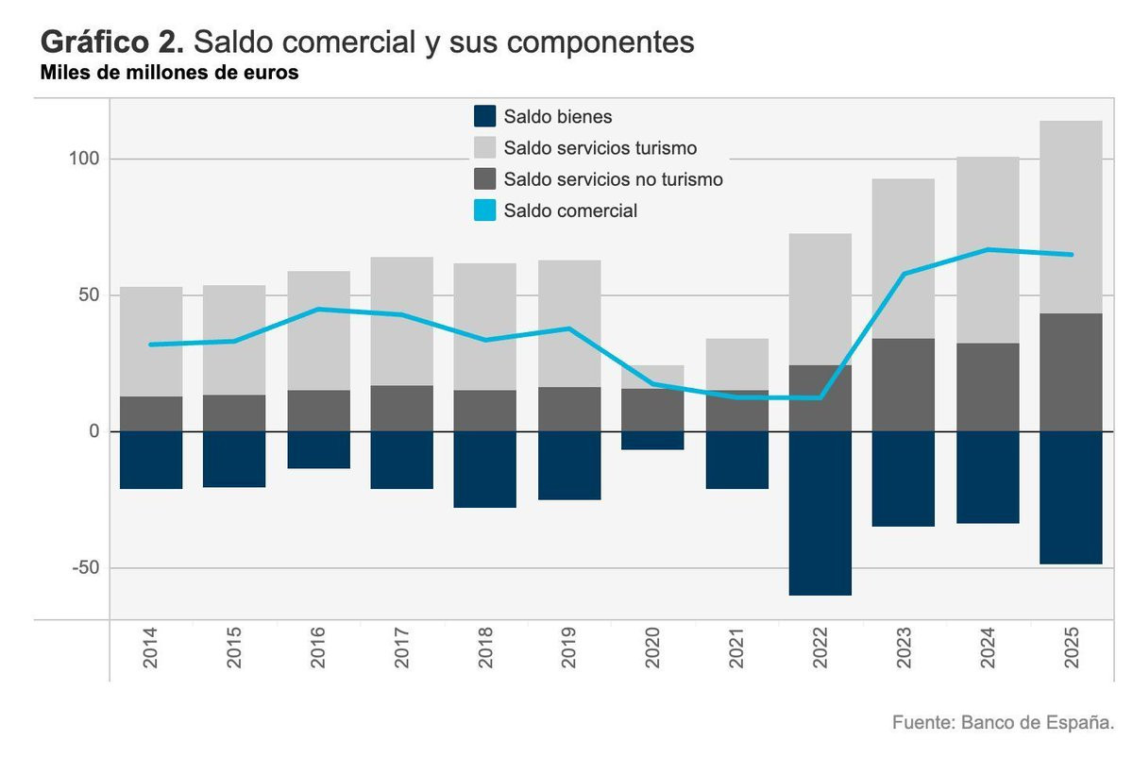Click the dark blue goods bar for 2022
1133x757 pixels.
click(x=820, y=513)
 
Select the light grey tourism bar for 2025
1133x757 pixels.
click(x=1071, y=217)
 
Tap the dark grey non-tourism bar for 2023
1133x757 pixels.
click(x=903, y=384)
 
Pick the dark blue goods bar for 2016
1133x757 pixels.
click(x=318, y=449)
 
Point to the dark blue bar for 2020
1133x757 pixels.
click(x=652, y=440)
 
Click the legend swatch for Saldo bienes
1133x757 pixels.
click(x=483, y=117)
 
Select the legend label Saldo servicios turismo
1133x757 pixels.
click(x=600, y=148)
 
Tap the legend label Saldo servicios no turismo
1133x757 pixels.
click(x=613, y=179)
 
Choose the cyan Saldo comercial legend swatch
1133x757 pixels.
click(x=483, y=210)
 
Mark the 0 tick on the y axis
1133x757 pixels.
click(x=92, y=431)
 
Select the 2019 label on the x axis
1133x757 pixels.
click(x=569, y=649)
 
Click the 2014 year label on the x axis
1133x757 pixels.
click(x=151, y=649)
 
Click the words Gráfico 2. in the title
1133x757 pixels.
click(x=112, y=42)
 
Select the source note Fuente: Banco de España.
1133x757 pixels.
click(x=1003, y=723)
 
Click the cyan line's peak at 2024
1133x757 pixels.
click(x=988, y=249)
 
